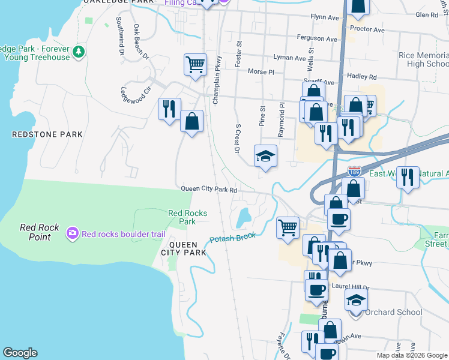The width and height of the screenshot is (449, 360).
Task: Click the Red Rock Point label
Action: coord(40,232)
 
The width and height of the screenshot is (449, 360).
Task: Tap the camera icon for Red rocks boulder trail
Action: coord(73,233)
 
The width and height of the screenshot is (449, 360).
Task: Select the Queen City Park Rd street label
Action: coord(210,190)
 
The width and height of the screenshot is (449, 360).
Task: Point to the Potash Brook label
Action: coord(232,238)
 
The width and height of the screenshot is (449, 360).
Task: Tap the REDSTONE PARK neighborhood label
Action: coord(47,135)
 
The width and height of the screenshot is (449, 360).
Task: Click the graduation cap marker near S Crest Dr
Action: coord(265,157)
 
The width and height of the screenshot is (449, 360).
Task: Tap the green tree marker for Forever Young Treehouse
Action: coord(78,53)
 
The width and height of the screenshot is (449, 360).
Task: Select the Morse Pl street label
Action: coord(261,71)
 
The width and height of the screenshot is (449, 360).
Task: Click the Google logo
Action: coord(20,353)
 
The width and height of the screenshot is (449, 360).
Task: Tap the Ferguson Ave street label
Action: coord(317,38)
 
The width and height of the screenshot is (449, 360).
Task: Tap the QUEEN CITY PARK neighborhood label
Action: coord(187,248)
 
